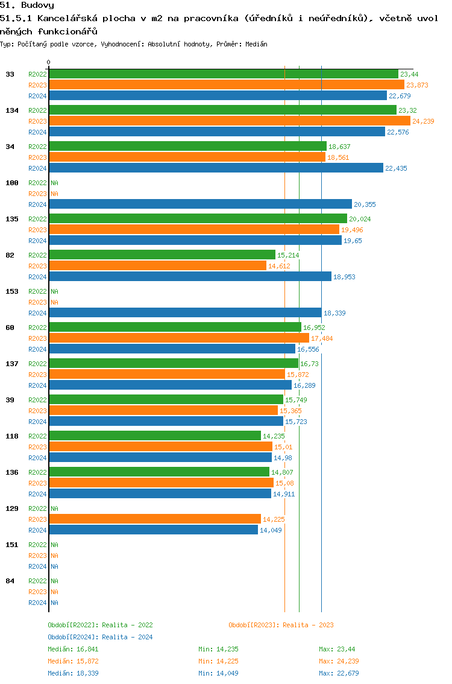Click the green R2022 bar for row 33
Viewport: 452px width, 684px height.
coord(223,74)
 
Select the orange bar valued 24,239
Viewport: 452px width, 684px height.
coord(229,121)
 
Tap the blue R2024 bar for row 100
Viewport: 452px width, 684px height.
coord(200,204)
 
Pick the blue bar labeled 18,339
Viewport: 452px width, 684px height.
coord(185,313)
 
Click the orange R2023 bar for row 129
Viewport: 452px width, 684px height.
coord(155,519)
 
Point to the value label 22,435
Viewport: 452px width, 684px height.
coord(396,168)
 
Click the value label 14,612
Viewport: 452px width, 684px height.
coord(279,266)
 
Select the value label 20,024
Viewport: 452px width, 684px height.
coord(360,219)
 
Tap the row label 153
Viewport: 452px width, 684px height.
coord(12,291)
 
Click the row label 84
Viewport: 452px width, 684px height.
coord(10,581)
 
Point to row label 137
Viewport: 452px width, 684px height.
coord(12,364)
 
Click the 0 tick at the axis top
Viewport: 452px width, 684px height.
coord(49,62)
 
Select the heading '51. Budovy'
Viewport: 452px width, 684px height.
coord(27,5)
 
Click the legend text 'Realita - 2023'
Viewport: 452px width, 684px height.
coord(308,625)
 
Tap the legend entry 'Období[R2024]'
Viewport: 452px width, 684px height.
coord(74,637)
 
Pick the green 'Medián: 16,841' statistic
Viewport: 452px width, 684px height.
coord(73,649)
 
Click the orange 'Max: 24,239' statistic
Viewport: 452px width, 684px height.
coord(339,661)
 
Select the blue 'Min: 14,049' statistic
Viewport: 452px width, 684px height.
coord(218,673)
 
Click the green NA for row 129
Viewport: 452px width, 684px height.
coord(54,508)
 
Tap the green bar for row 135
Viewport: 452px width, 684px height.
coord(198,219)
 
